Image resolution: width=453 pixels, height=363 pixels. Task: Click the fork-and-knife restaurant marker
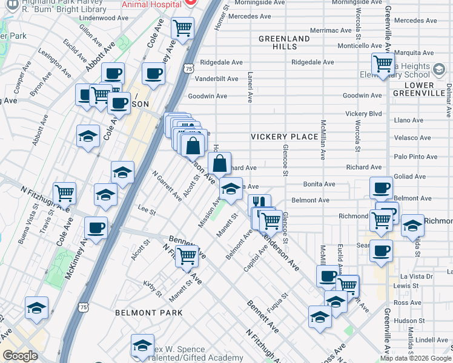(x=259, y=203)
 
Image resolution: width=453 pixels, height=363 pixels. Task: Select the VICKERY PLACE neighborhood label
(x=285, y=137)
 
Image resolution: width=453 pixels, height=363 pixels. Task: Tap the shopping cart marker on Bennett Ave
(x=187, y=256)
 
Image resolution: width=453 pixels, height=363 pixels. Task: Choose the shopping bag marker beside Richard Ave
(x=219, y=163)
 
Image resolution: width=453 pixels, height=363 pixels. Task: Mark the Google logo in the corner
(x=20, y=356)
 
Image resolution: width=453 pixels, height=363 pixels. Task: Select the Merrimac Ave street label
(x=330, y=30)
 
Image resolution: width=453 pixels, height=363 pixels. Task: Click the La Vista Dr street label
(x=420, y=276)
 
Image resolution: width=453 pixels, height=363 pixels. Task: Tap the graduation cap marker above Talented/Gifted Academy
(x=143, y=345)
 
